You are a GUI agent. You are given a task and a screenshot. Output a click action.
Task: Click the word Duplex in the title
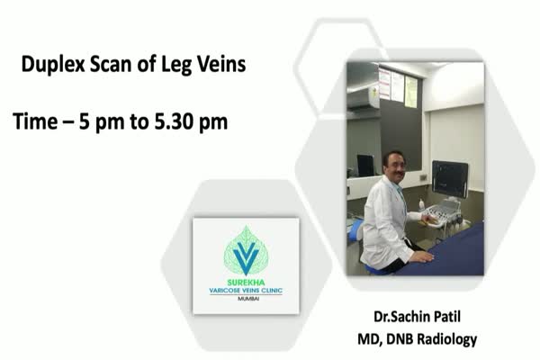click(x=53, y=65)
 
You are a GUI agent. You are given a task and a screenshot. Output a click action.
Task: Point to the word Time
click(x=35, y=121)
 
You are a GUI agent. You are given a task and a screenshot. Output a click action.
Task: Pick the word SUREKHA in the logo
click(x=246, y=283)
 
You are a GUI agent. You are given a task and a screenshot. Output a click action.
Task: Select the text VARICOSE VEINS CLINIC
click(x=246, y=291)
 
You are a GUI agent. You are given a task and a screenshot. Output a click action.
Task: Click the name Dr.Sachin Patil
click(x=417, y=316)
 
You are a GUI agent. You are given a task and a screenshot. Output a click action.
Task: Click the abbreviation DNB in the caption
click(x=395, y=338)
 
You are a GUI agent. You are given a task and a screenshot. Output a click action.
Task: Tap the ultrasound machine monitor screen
click(x=450, y=179)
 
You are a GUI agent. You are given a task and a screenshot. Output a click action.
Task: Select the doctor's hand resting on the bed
click(x=423, y=256)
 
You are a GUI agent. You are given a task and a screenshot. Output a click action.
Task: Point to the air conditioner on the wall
click(x=363, y=98)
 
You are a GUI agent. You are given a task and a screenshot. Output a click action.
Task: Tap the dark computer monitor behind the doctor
click(x=365, y=166)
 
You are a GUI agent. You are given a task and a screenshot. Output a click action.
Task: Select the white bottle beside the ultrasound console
click(x=421, y=204)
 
